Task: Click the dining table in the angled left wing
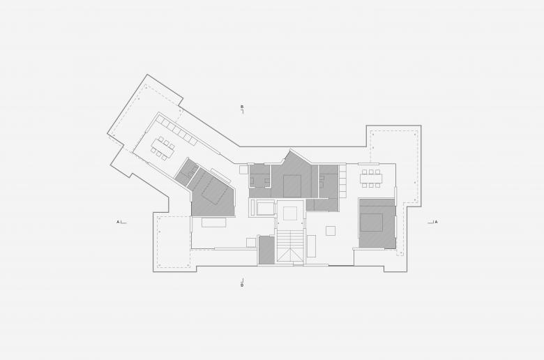coord(163,148)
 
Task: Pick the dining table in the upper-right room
coord(371,179)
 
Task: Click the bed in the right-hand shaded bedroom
coord(371,222)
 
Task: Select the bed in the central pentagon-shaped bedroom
coord(292,186)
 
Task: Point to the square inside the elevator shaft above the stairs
coord(290,213)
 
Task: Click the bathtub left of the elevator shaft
coord(264,209)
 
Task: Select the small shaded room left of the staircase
coord(267,250)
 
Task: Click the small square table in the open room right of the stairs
coord(331,230)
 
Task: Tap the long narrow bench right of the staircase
coord(311,246)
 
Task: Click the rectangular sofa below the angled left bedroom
coord(214,222)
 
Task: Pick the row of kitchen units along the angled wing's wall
coord(177,130)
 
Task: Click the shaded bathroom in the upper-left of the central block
coord(260,177)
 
